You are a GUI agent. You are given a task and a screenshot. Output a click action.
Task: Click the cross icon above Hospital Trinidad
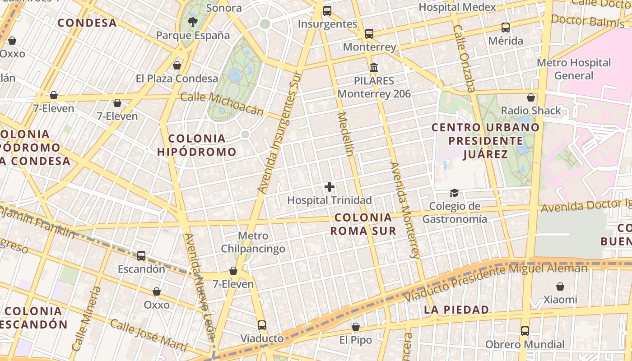pyautogui.click(x=330, y=186)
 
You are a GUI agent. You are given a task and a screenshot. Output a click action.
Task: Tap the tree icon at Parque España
pyautogui.click(x=193, y=22)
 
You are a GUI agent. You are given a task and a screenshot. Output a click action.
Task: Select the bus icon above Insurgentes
pyautogui.click(x=327, y=11)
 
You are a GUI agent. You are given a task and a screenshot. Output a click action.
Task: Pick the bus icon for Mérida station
pyautogui.click(x=506, y=27)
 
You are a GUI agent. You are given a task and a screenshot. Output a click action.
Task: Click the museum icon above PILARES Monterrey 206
pyautogui.click(x=374, y=68)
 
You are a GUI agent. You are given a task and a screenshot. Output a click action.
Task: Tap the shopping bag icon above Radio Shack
pyautogui.click(x=531, y=97)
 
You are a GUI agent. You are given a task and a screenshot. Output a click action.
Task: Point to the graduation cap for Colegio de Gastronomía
pyautogui.click(x=454, y=193)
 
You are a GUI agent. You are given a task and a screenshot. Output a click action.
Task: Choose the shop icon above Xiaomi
pyautogui.click(x=560, y=287)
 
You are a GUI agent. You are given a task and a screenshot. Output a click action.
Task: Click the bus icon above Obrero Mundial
pyautogui.click(x=525, y=331)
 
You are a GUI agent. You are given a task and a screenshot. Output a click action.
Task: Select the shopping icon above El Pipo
pyautogui.click(x=356, y=327)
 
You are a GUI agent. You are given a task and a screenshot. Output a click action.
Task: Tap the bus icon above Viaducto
pyautogui.click(x=262, y=325)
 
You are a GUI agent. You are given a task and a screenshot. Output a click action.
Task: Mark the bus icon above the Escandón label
pyautogui.click(x=141, y=256)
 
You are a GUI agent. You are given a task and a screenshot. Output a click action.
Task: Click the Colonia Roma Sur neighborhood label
pyautogui.click(x=363, y=224)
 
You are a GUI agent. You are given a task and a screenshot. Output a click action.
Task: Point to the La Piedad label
pyautogui.click(x=456, y=310)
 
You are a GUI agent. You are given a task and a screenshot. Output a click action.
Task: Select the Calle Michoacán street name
pyautogui.click(x=222, y=104)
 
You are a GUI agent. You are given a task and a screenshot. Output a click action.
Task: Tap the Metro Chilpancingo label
pyautogui.click(x=253, y=242)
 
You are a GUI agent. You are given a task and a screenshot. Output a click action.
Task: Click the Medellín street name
pyautogui.click(x=345, y=134)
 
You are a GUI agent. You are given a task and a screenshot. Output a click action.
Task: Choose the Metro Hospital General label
pyautogui.click(x=573, y=69)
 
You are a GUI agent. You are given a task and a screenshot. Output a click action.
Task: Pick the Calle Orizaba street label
pyautogui.click(x=465, y=58)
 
